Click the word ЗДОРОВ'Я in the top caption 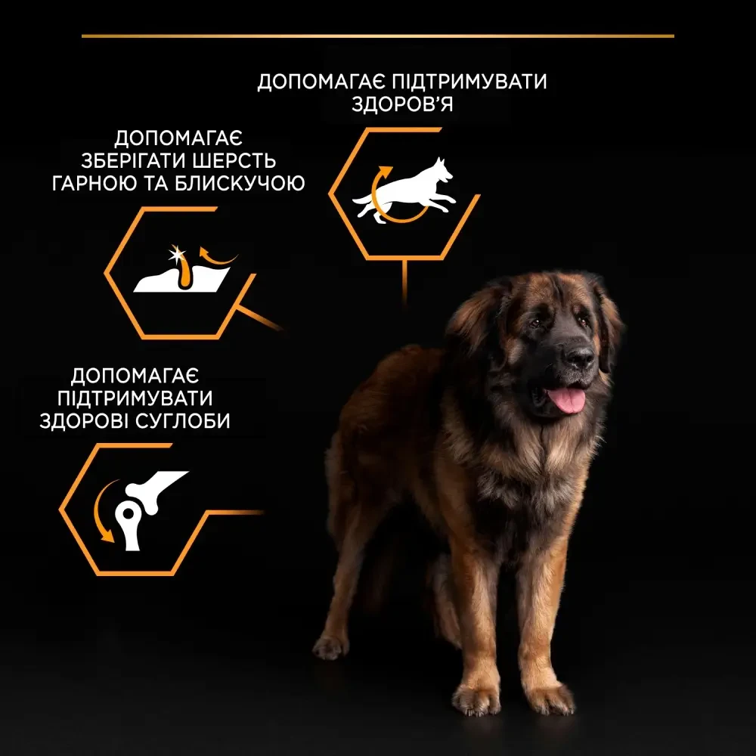tap(402, 104)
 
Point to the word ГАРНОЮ tap(91, 184)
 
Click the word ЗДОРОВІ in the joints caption tap(80, 420)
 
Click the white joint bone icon tap(147, 502)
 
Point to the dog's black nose tap(579, 355)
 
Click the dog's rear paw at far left tap(330, 646)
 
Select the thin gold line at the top tap(378, 36)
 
